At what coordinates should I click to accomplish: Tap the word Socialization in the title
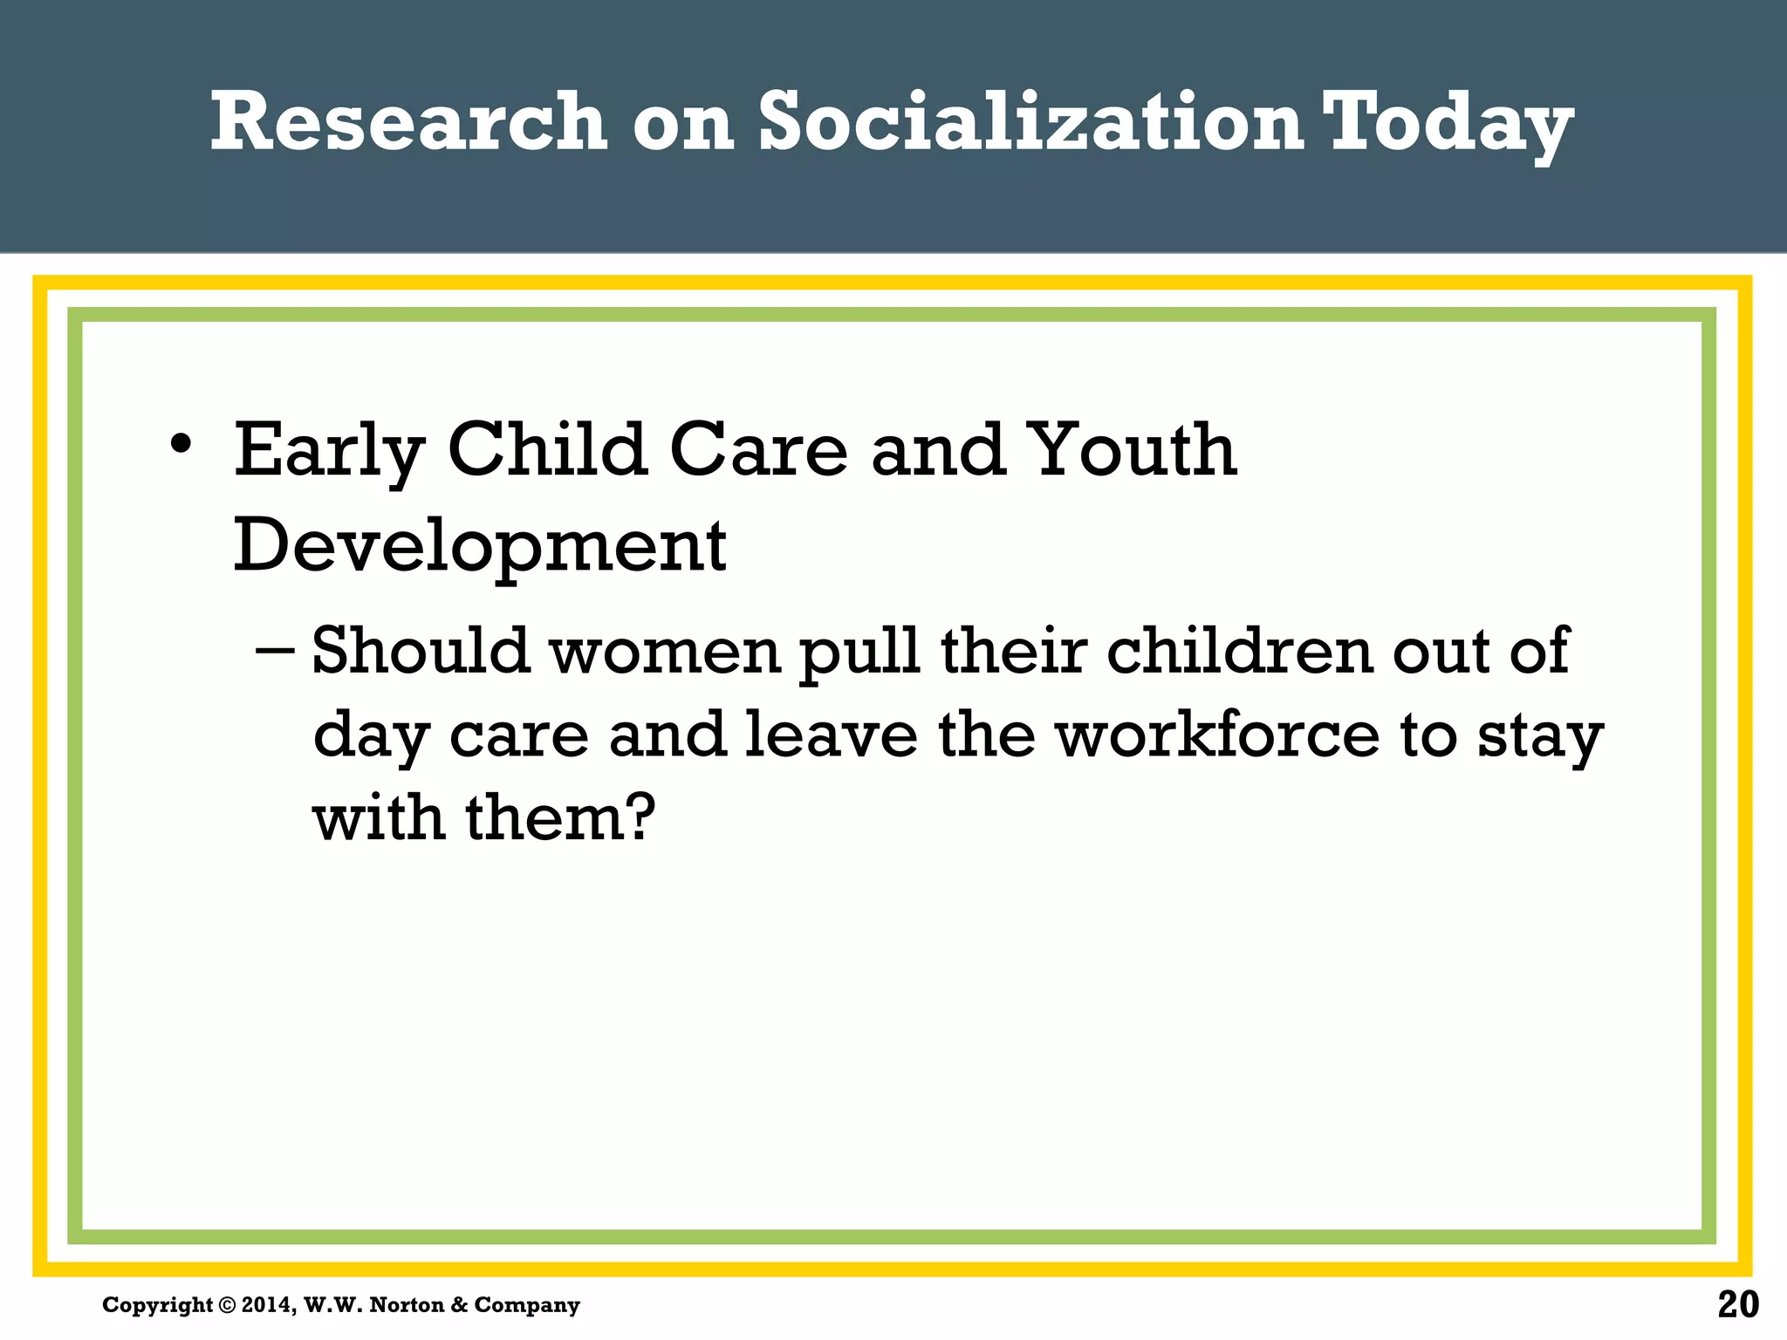click(x=1030, y=121)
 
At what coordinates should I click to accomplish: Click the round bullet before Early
click(x=181, y=444)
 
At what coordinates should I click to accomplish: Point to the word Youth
click(x=1132, y=450)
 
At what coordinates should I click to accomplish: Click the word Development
click(x=479, y=546)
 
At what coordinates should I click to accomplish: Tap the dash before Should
click(x=277, y=652)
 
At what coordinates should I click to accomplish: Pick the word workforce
click(x=1218, y=735)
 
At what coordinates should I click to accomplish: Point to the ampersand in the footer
click(x=460, y=1305)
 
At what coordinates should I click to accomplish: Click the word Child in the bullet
click(x=547, y=450)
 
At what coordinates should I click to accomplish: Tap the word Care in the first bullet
click(x=758, y=450)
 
